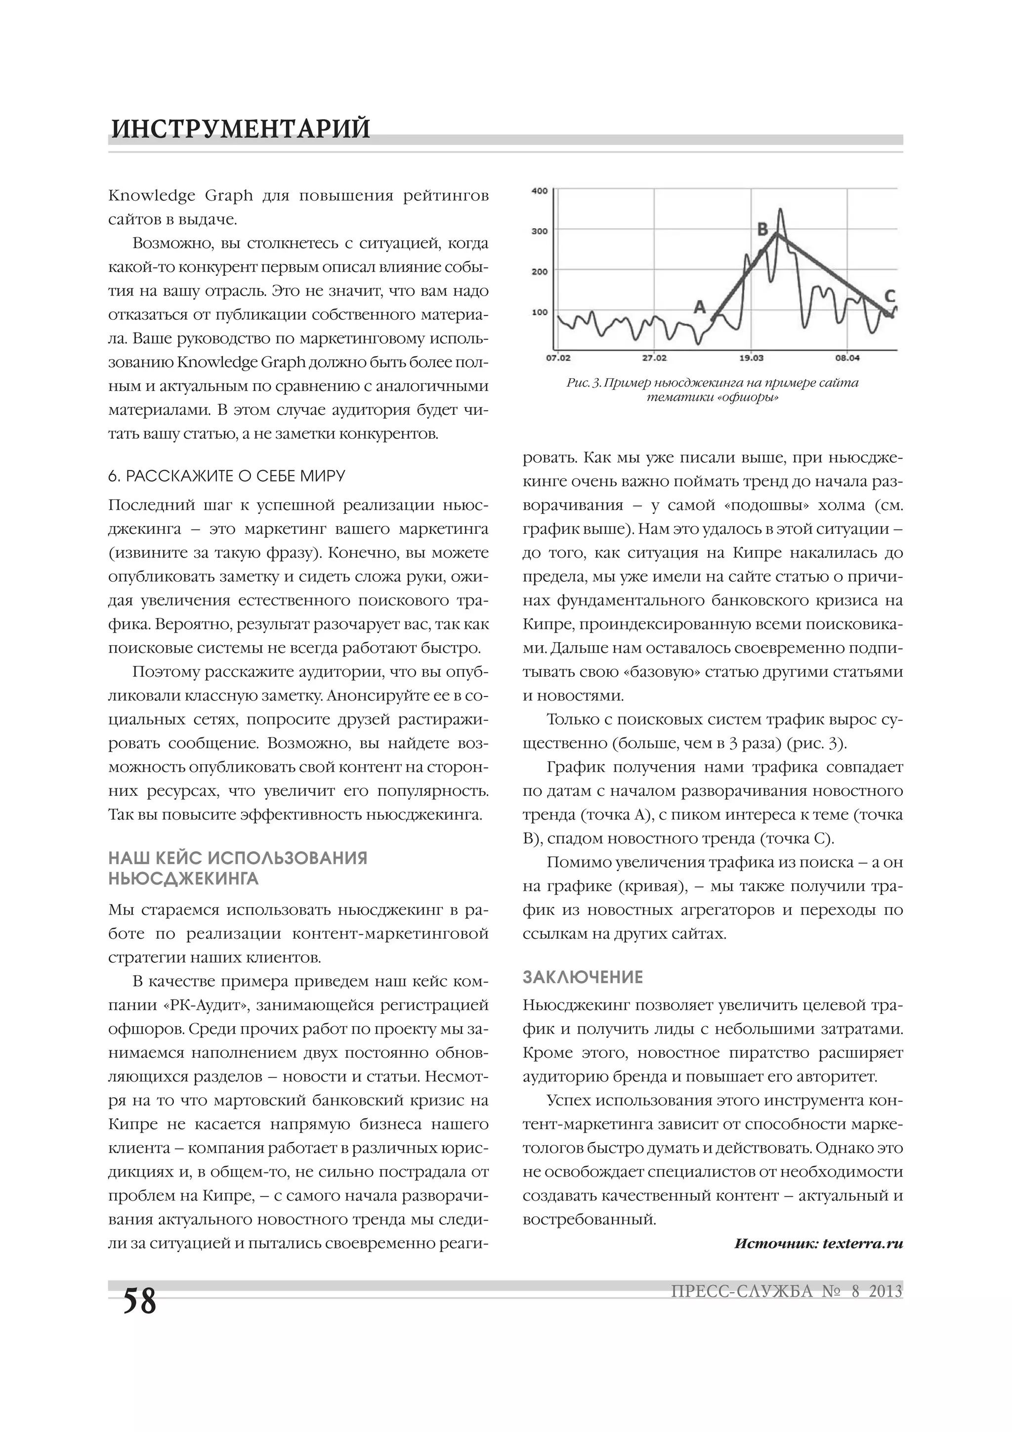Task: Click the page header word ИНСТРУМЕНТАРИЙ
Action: coord(241,129)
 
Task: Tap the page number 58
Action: coord(140,1301)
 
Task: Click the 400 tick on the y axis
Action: coord(540,191)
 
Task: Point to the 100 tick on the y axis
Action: coord(540,312)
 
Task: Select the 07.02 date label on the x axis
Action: coord(558,358)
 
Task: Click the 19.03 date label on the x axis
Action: coord(752,358)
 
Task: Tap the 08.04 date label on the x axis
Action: coord(847,358)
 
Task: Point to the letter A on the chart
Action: coord(700,307)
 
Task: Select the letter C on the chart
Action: coord(890,295)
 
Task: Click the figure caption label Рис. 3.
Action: coord(584,383)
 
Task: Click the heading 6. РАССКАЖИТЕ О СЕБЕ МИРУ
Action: coord(226,477)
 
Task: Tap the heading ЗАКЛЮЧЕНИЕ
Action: coord(583,977)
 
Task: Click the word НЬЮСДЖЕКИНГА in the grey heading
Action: coord(183,879)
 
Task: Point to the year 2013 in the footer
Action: coord(885,1291)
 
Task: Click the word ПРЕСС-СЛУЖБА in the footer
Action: coord(742,1291)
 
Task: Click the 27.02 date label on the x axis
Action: coord(654,358)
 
